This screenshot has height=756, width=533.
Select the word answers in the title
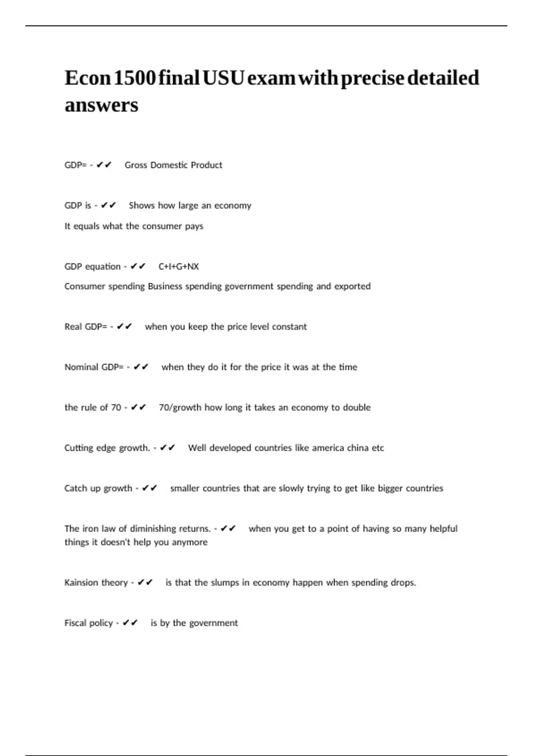point(101,105)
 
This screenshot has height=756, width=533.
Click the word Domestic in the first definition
point(169,165)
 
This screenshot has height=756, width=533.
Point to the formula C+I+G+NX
point(179,266)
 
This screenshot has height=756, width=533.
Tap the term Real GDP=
point(86,326)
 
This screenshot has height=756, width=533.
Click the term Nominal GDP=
point(94,367)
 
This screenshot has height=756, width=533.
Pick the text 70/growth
point(180,407)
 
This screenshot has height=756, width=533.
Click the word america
point(328,448)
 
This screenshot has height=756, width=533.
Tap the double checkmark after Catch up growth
point(150,488)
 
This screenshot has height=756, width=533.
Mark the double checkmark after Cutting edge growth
point(167,447)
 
